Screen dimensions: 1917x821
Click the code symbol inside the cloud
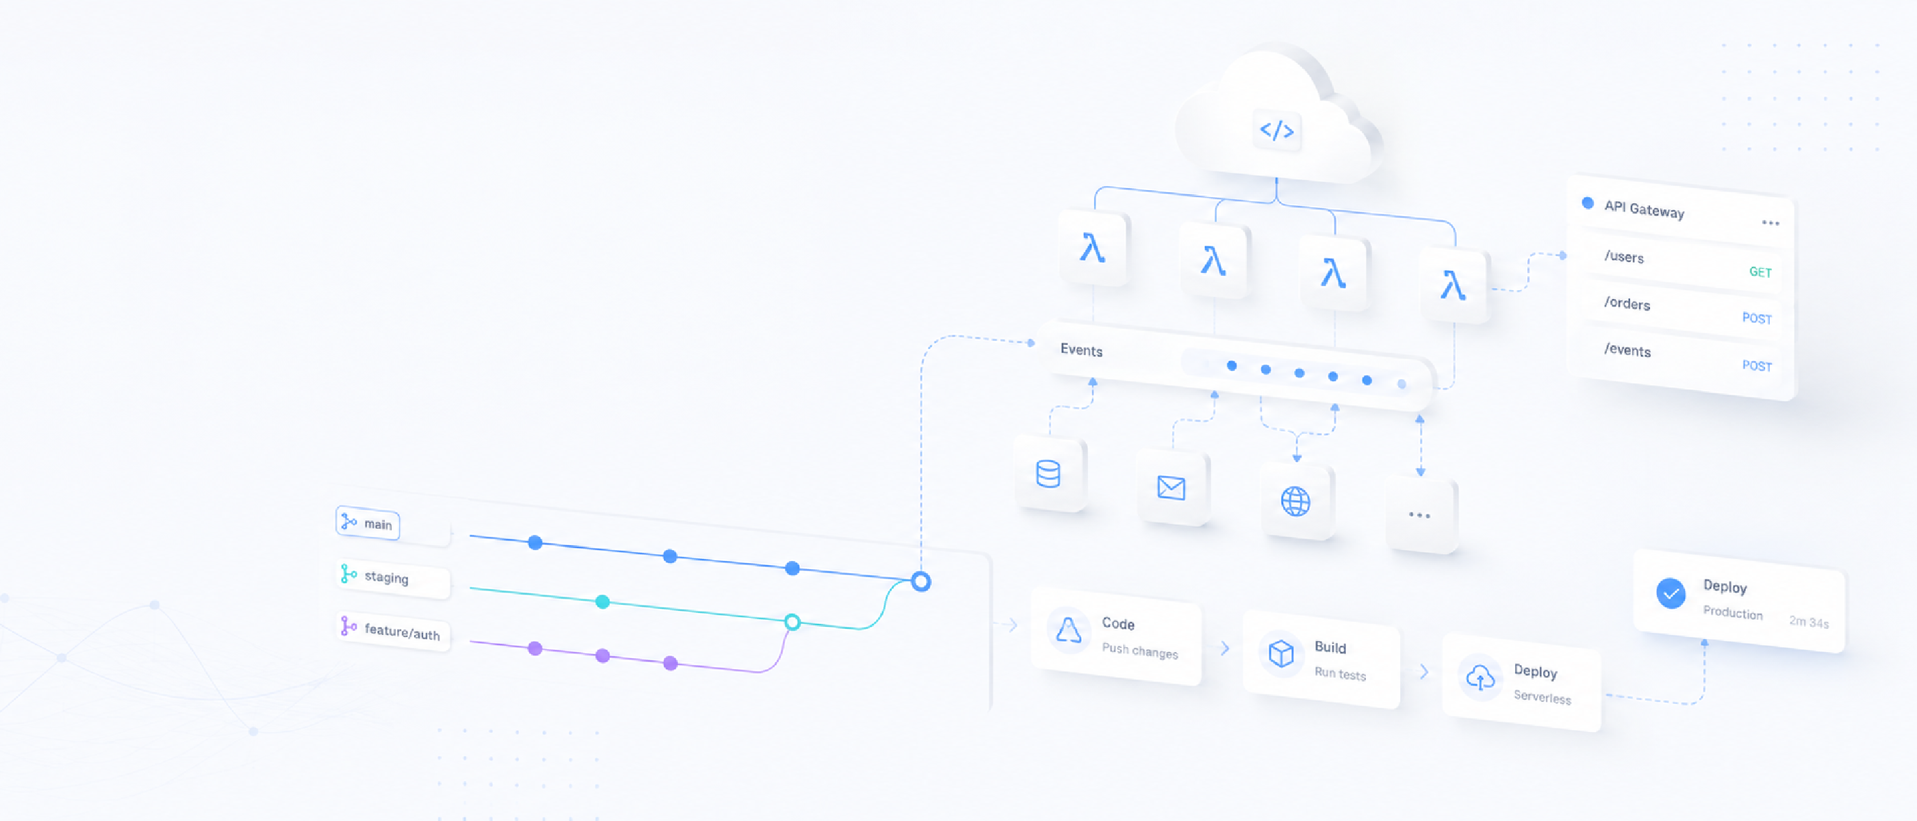click(1276, 131)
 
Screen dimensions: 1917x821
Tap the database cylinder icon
click(1048, 473)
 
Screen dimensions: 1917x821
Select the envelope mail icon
click(1171, 488)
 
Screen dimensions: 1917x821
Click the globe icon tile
click(1295, 501)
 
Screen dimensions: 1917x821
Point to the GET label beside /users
click(1760, 272)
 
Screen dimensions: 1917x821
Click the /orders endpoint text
click(1627, 303)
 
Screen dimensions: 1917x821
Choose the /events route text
click(1627, 350)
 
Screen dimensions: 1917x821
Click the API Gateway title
click(1644, 209)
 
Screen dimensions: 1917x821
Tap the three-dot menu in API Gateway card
click(1770, 223)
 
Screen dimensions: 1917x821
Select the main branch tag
click(368, 523)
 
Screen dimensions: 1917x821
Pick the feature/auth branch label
click(402, 631)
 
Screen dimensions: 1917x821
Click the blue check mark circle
click(1671, 593)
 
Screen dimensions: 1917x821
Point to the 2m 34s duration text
click(1808, 622)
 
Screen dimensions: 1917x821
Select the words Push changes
click(1139, 651)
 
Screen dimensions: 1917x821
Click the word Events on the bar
click(1081, 350)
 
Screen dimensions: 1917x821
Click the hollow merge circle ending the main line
click(922, 582)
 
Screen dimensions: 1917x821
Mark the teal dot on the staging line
click(602, 601)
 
